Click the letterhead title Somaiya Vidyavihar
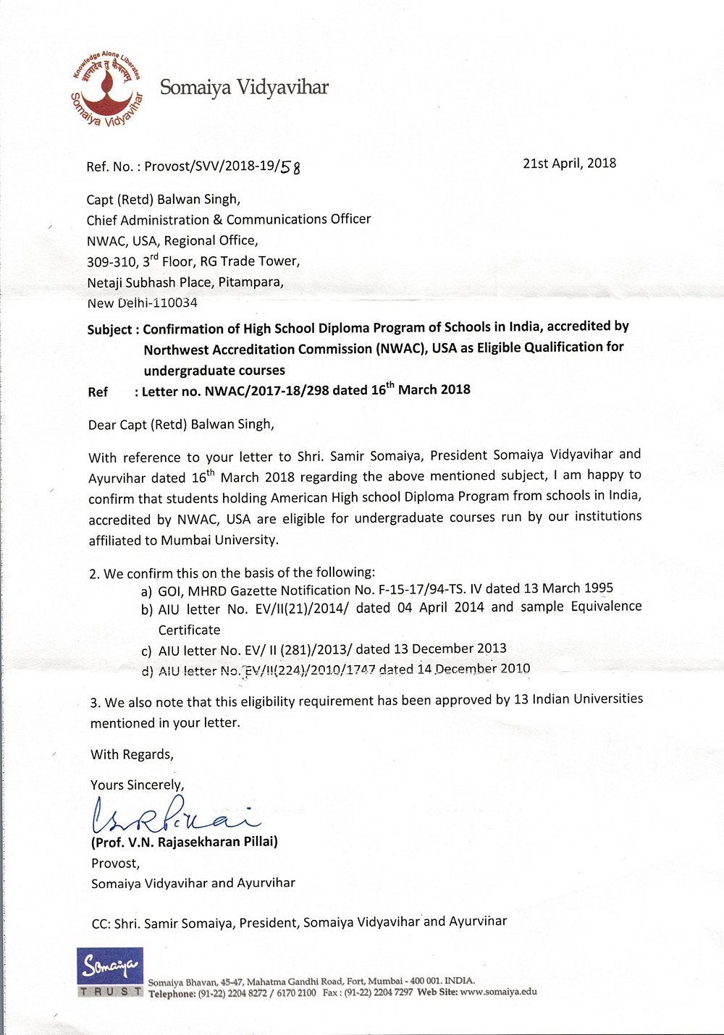pos(244,88)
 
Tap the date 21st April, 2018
pos(569,163)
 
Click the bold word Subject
pos(109,329)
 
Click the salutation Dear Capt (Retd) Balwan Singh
pos(181,425)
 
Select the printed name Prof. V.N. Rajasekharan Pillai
pos(185,842)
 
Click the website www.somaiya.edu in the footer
pos(498,992)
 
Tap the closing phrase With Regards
pos(132,754)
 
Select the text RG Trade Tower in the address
pos(249,261)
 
